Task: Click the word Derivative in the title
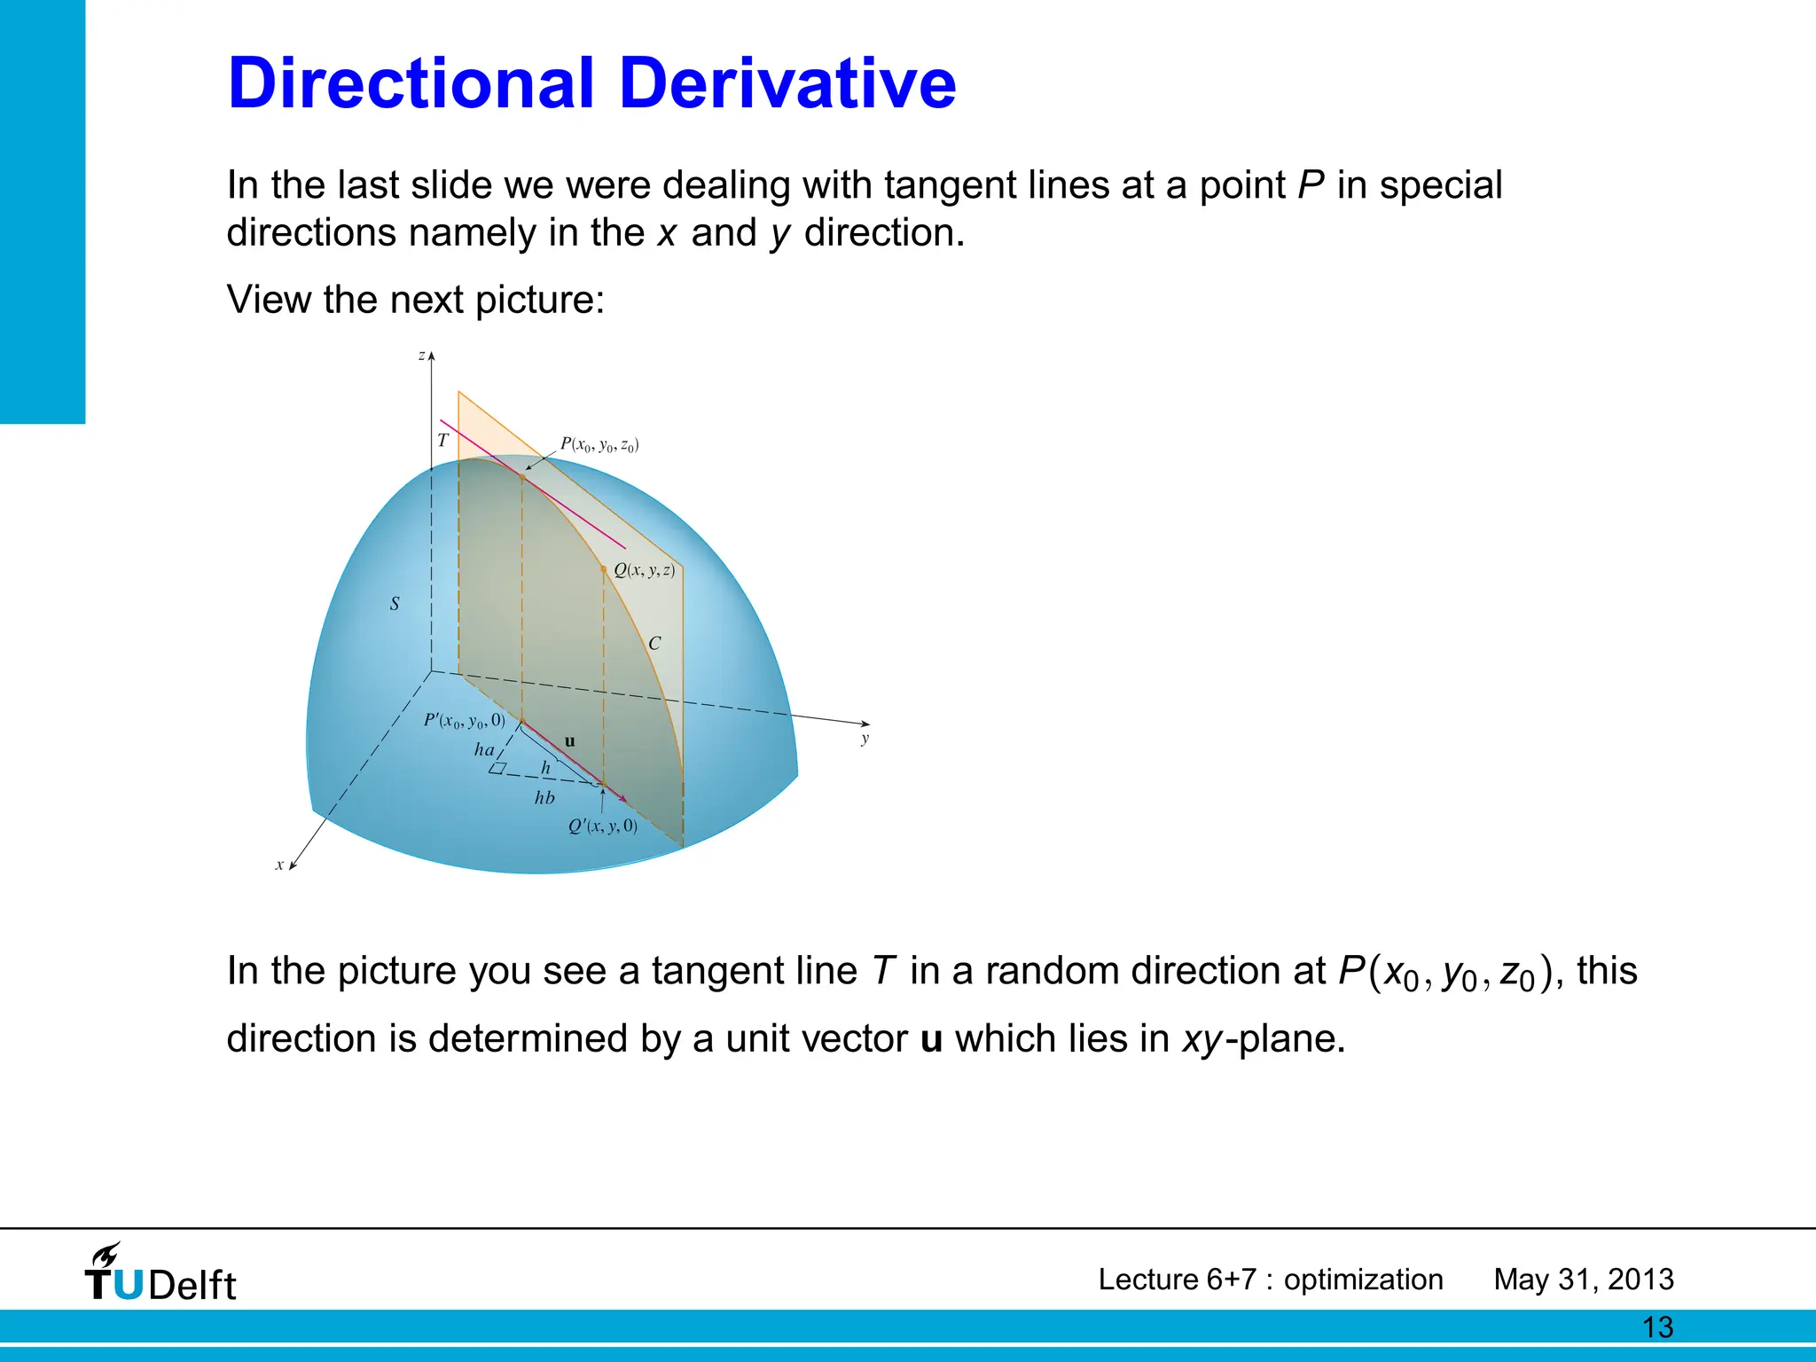[787, 83]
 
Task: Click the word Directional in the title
[411, 83]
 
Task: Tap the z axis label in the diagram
[421, 356]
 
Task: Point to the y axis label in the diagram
[865, 739]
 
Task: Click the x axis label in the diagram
[279, 865]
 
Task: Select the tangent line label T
[443, 440]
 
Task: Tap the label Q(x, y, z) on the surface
[645, 570]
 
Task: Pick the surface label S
[395, 604]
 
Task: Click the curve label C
[654, 644]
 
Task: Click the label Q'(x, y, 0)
[603, 826]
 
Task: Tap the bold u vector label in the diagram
[569, 741]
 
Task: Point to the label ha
[484, 750]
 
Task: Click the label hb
[544, 798]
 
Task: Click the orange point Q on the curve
[604, 568]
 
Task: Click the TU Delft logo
[160, 1273]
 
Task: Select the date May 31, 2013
[1584, 1280]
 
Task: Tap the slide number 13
[1657, 1327]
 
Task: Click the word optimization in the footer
[1363, 1280]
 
